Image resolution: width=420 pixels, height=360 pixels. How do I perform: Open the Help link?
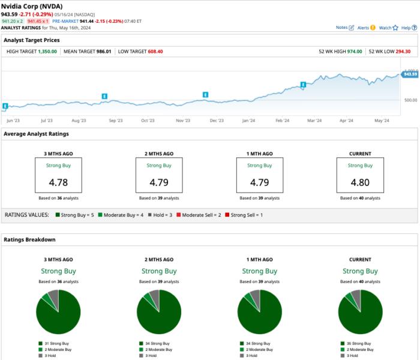pyautogui.click(x=406, y=28)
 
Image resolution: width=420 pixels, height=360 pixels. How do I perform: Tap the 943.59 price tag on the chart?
pyautogui.click(x=410, y=74)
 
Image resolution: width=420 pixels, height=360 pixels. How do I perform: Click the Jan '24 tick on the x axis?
pyautogui.click(x=249, y=121)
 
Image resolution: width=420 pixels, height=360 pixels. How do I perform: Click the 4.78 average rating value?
pyautogui.click(x=58, y=181)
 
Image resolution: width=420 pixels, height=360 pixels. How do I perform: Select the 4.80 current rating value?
pyautogui.click(x=360, y=181)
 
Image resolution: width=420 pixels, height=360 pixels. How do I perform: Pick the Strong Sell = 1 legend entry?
pyautogui.click(x=246, y=214)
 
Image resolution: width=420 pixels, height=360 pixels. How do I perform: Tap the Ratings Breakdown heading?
pyautogui.click(x=29, y=239)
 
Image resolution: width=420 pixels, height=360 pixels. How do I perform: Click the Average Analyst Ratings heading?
pyautogui.click(x=36, y=134)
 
